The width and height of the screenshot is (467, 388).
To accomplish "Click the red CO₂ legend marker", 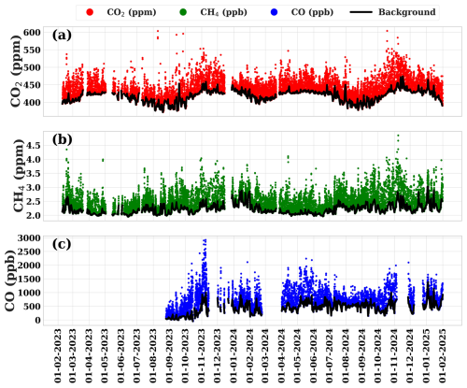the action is tap(90, 12).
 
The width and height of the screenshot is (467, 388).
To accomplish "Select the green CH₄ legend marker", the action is tap(183, 12).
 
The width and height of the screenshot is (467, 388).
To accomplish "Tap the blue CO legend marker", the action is tap(275, 12).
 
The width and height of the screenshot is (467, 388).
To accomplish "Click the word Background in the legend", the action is tap(407, 12).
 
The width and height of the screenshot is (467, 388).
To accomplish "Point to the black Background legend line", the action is tap(361, 12).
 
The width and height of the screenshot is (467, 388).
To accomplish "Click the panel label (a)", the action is tap(62, 35).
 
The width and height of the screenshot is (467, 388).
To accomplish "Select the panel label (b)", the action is tap(62, 140).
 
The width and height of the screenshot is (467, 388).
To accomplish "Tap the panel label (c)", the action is tap(62, 244).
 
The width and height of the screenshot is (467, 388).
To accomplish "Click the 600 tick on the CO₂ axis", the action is tap(32, 33).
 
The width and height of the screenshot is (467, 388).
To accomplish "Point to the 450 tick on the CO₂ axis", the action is tap(32, 85).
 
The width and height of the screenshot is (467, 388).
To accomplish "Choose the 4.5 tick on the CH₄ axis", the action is tap(34, 146).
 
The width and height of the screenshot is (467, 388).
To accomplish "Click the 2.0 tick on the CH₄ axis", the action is tap(34, 216).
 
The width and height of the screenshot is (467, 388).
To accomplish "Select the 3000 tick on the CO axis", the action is tap(29, 238).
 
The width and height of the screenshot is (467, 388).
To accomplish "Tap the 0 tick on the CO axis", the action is tap(37, 320).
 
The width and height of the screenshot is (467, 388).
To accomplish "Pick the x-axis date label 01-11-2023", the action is tap(202, 356).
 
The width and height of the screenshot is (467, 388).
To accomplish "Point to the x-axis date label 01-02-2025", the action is tap(442, 356).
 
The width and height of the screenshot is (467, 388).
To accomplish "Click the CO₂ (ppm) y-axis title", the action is tap(16, 71).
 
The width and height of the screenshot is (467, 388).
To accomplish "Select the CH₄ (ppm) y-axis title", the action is tap(18, 176).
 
